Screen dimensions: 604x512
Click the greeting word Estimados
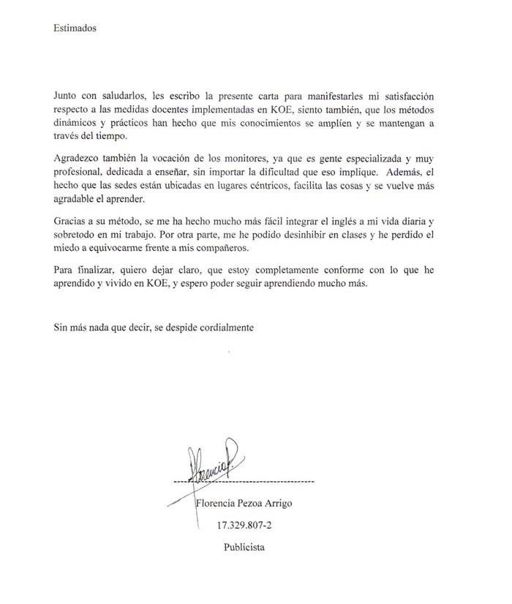coord(75,29)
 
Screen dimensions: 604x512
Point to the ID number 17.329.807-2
coord(244,526)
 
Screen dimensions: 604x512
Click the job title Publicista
coord(244,547)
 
